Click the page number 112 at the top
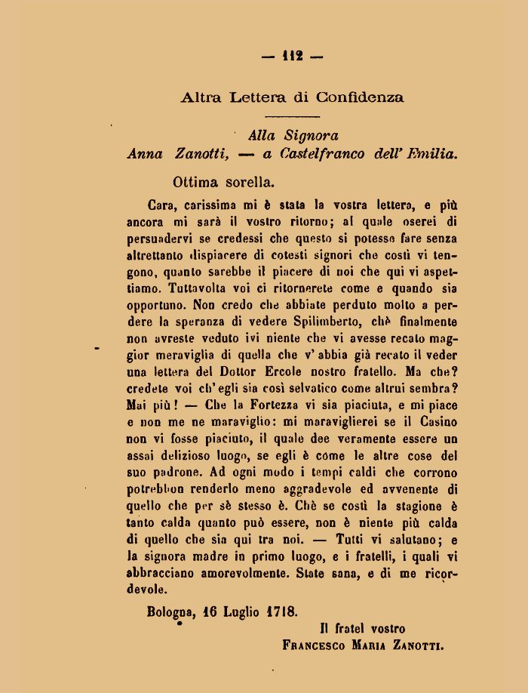[x=292, y=55]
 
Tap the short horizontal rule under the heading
[x=293, y=116]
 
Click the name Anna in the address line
[x=145, y=154]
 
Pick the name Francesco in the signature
[x=315, y=645]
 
